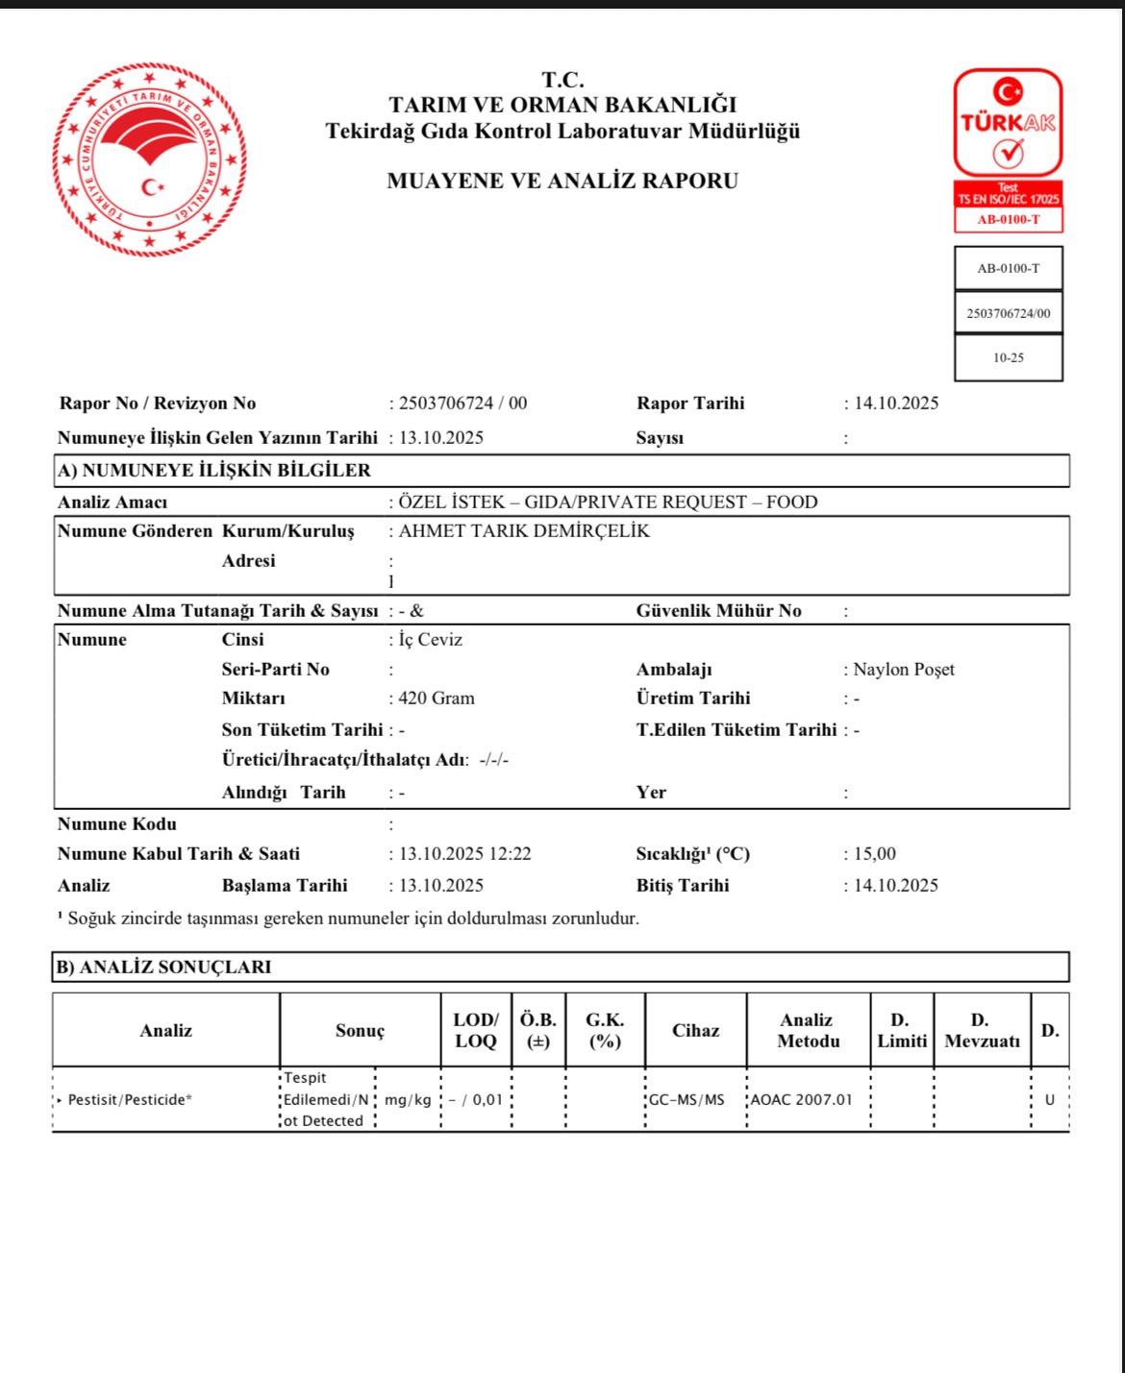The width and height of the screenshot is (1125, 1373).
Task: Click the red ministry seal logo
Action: [150, 159]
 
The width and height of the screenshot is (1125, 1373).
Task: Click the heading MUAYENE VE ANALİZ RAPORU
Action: [562, 181]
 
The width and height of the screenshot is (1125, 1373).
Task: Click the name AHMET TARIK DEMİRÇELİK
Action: [524, 531]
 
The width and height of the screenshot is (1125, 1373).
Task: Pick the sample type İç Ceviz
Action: [430, 640]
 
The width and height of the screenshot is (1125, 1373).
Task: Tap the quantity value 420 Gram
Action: [436, 699]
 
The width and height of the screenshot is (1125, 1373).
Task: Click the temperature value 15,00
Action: [874, 854]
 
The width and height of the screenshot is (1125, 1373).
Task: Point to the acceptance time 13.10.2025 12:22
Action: [464, 854]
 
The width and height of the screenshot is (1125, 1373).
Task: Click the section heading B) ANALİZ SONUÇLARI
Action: [163, 968]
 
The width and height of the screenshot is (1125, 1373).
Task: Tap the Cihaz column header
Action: [695, 1031]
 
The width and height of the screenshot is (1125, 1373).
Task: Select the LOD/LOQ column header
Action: [476, 1031]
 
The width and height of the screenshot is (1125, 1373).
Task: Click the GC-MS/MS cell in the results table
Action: [687, 1100]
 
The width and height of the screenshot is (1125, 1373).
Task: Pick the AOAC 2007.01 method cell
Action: [802, 1100]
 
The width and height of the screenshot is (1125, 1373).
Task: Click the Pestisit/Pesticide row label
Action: [130, 1100]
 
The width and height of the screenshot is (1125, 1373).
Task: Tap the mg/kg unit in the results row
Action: [408, 1100]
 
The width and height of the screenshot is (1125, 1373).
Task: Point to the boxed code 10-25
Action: [1009, 357]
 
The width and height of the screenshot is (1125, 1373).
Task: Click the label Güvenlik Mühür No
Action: [718, 611]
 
